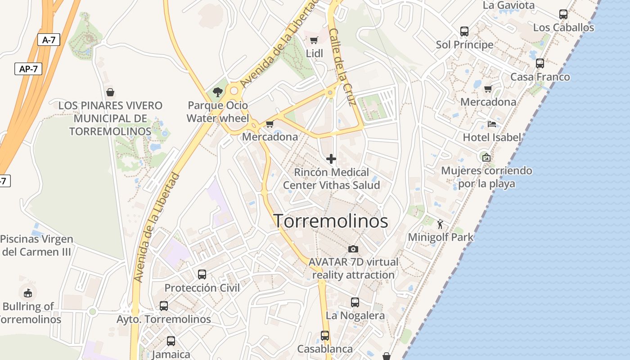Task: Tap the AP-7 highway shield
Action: pyautogui.click(x=28, y=69)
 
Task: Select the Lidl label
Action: pyautogui.click(x=315, y=54)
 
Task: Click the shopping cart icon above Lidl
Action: pyautogui.click(x=314, y=40)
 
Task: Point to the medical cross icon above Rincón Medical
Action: pyautogui.click(x=331, y=159)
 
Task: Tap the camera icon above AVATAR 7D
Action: pyautogui.click(x=353, y=249)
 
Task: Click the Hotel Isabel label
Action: pyautogui.click(x=492, y=137)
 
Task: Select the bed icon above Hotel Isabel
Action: pyautogui.click(x=492, y=124)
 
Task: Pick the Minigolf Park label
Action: pyautogui.click(x=441, y=237)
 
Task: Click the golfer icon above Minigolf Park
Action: pyautogui.click(x=440, y=224)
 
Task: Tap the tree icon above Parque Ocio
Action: pyautogui.click(x=218, y=92)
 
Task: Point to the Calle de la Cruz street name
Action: pyautogui.click(x=343, y=67)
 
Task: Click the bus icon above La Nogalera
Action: pyautogui.click(x=355, y=302)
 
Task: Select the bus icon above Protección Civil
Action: pyautogui.click(x=202, y=274)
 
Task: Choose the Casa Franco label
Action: pyautogui.click(x=540, y=77)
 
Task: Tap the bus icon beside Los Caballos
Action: pyautogui.click(x=563, y=14)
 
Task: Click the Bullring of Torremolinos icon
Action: pyautogui.click(x=28, y=293)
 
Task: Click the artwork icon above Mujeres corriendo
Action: pyautogui.click(x=486, y=157)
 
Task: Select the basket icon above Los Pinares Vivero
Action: pyautogui.click(x=110, y=92)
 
